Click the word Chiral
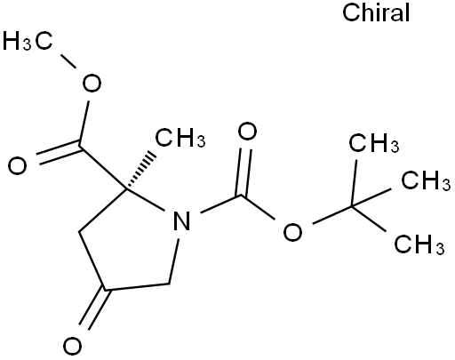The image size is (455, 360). coord(376,12)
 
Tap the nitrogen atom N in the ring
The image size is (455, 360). coord(181,220)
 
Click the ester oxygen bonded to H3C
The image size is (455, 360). coord(92,83)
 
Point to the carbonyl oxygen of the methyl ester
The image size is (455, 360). coord(18,166)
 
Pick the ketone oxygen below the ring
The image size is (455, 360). coord(72,346)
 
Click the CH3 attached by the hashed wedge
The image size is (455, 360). coord(180,138)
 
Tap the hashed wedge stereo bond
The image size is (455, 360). coord(140,171)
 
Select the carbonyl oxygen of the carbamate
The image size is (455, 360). coord(248,132)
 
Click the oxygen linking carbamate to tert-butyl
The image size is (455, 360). coord(292,232)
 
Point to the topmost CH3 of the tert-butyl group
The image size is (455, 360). coord(374,143)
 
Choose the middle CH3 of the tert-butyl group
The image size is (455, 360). coord(426,180)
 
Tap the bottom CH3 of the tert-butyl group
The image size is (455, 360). coord(419,244)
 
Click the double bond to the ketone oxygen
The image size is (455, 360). coord(95,308)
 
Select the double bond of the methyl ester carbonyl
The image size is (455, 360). coord(59,152)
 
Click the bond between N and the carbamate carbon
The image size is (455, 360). coord(221,204)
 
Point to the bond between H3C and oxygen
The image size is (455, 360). coord(68,61)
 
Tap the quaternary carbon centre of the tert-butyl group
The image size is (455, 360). coord(352,206)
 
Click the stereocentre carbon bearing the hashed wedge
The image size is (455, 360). coord(126,188)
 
